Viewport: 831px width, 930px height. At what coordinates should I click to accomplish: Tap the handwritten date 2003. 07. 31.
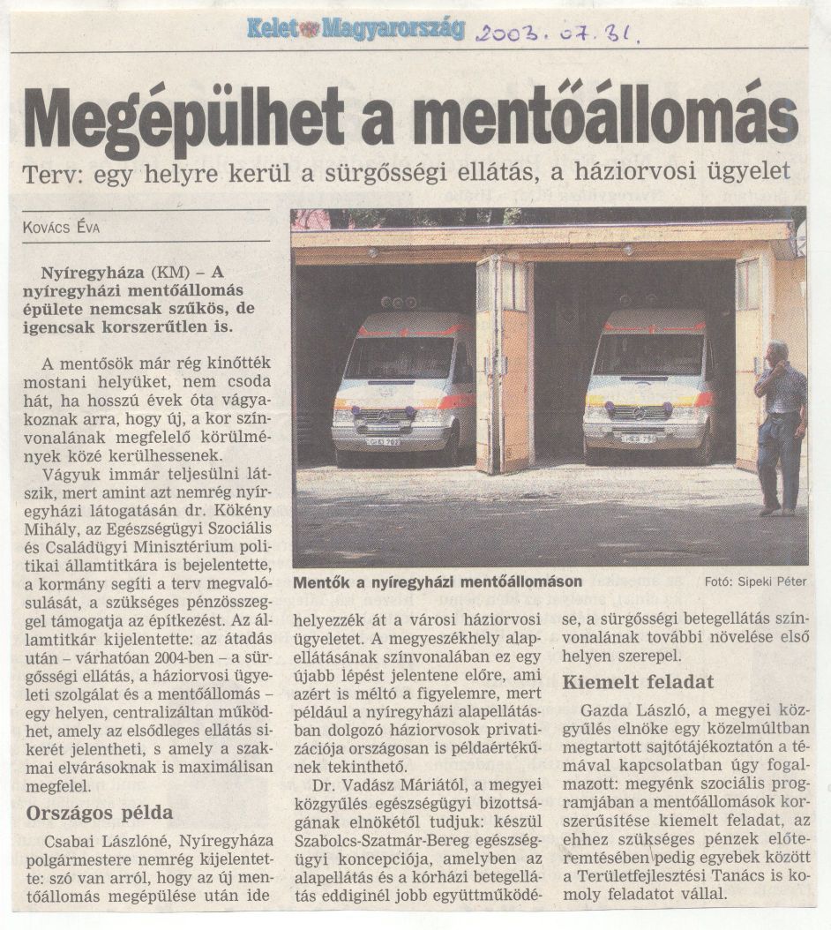tap(559, 34)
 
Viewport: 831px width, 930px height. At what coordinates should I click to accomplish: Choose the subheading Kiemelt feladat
tap(638, 682)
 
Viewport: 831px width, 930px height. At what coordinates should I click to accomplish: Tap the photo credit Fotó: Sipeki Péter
tap(755, 581)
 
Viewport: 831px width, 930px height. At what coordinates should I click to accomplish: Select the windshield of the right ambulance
tap(648, 354)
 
